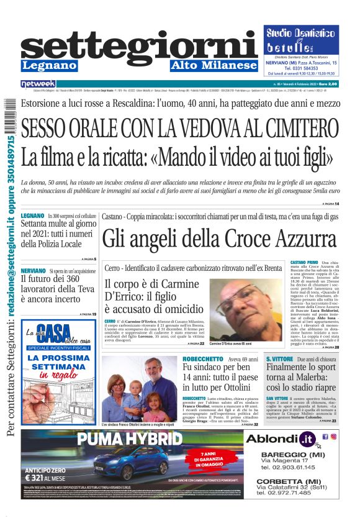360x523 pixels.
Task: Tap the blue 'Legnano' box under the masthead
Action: pos(50,66)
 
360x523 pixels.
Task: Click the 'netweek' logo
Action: pos(38,84)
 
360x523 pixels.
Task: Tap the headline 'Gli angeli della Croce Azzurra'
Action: pos(219,239)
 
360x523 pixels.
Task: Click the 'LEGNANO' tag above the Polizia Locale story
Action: pos(32,215)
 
